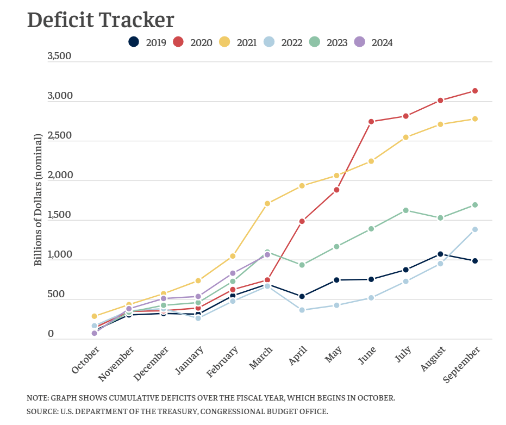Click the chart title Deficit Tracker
(101, 20)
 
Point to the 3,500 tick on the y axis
(59, 56)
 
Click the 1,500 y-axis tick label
(59, 215)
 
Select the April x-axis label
(298, 357)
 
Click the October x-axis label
(86, 361)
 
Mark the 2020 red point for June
(371, 122)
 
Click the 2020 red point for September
(475, 91)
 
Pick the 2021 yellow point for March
(267, 203)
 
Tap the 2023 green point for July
(405, 210)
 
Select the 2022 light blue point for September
(475, 229)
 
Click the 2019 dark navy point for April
(302, 296)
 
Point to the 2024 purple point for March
(267, 254)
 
